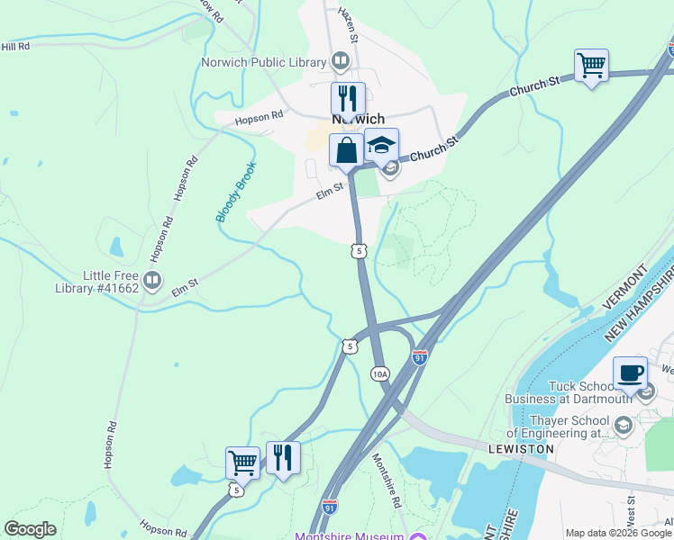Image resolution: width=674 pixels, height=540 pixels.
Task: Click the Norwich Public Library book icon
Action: pos(340,62)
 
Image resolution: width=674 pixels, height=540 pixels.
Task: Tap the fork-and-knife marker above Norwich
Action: pos(348,98)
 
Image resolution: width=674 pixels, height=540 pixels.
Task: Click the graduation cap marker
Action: pos(381,146)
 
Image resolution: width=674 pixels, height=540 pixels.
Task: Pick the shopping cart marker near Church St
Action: pos(591,66)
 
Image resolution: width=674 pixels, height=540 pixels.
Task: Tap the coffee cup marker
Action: pos(630,373)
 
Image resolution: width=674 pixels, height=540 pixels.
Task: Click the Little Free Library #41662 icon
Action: pos(151,282)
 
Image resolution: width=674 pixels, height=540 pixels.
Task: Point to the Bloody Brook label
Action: pos(236,192)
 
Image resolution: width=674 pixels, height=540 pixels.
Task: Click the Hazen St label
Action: pos(348,25)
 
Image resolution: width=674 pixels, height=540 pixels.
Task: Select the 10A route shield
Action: pos(380,373)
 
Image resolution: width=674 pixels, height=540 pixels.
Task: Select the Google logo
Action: pos(30,529)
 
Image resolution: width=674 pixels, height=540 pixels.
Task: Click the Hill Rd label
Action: pos(15,46)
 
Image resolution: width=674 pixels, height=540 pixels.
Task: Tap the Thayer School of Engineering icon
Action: pos(622,424)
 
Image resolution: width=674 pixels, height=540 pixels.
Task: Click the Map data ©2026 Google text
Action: pos(618,533)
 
